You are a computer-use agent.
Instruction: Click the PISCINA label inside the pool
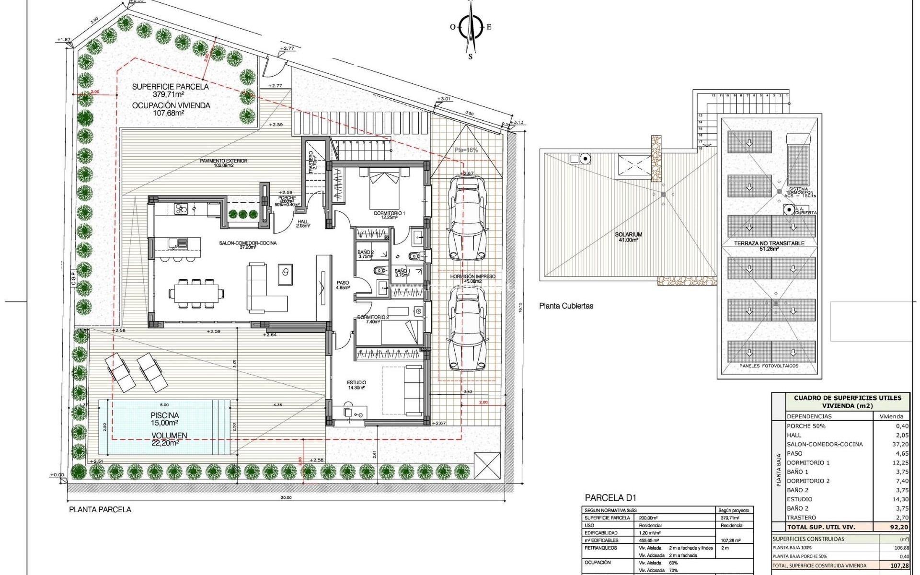(164, 415)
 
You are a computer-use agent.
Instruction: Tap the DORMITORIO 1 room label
(390, 213)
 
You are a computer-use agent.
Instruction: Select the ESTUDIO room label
(356, 382)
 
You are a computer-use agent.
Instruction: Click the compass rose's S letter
(470, 57)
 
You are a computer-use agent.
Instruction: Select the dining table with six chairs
(195, 293)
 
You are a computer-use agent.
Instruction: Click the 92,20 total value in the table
(898, 527)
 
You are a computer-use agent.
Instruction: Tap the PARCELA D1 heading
(611, 498)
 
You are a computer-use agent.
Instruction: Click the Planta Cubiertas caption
(566, 306)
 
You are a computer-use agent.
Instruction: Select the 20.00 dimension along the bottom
(286, 497)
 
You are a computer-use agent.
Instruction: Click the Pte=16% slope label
(466, 150)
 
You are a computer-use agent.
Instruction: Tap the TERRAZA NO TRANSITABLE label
(769, 243)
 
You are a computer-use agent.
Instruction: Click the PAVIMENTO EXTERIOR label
(224, 161)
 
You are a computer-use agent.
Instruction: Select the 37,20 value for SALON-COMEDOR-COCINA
(900, 444)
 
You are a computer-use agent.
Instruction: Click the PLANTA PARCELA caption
(100, 510)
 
